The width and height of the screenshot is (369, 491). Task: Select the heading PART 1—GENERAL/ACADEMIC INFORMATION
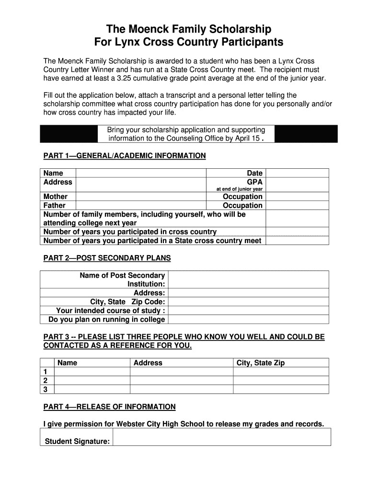point(125,156)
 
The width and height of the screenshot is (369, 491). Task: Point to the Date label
point(254,173)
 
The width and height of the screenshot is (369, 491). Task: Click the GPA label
point(254,182)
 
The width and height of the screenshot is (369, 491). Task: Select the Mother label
point(56,197)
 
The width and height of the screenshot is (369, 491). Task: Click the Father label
point(55,205)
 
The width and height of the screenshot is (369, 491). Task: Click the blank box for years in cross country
point(297,232)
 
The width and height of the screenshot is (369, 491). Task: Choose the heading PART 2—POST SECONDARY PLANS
point(107,258)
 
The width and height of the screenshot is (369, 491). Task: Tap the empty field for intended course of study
point(248,310)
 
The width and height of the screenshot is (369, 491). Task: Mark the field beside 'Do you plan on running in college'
point(248,319)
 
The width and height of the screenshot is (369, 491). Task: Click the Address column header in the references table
point(148,363)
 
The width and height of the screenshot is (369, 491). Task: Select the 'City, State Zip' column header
point(261,363)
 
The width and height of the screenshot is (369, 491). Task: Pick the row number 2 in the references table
point(46,380)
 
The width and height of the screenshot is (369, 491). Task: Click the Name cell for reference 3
point(92,389)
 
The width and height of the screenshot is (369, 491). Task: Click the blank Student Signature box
point(221,437)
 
